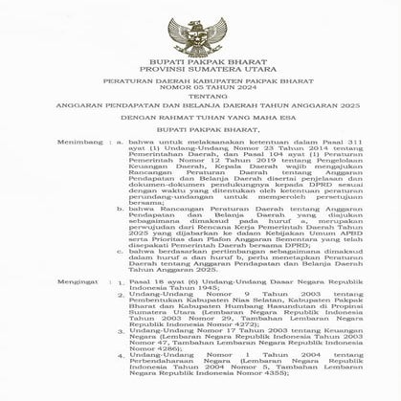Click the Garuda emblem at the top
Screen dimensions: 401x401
199,30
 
